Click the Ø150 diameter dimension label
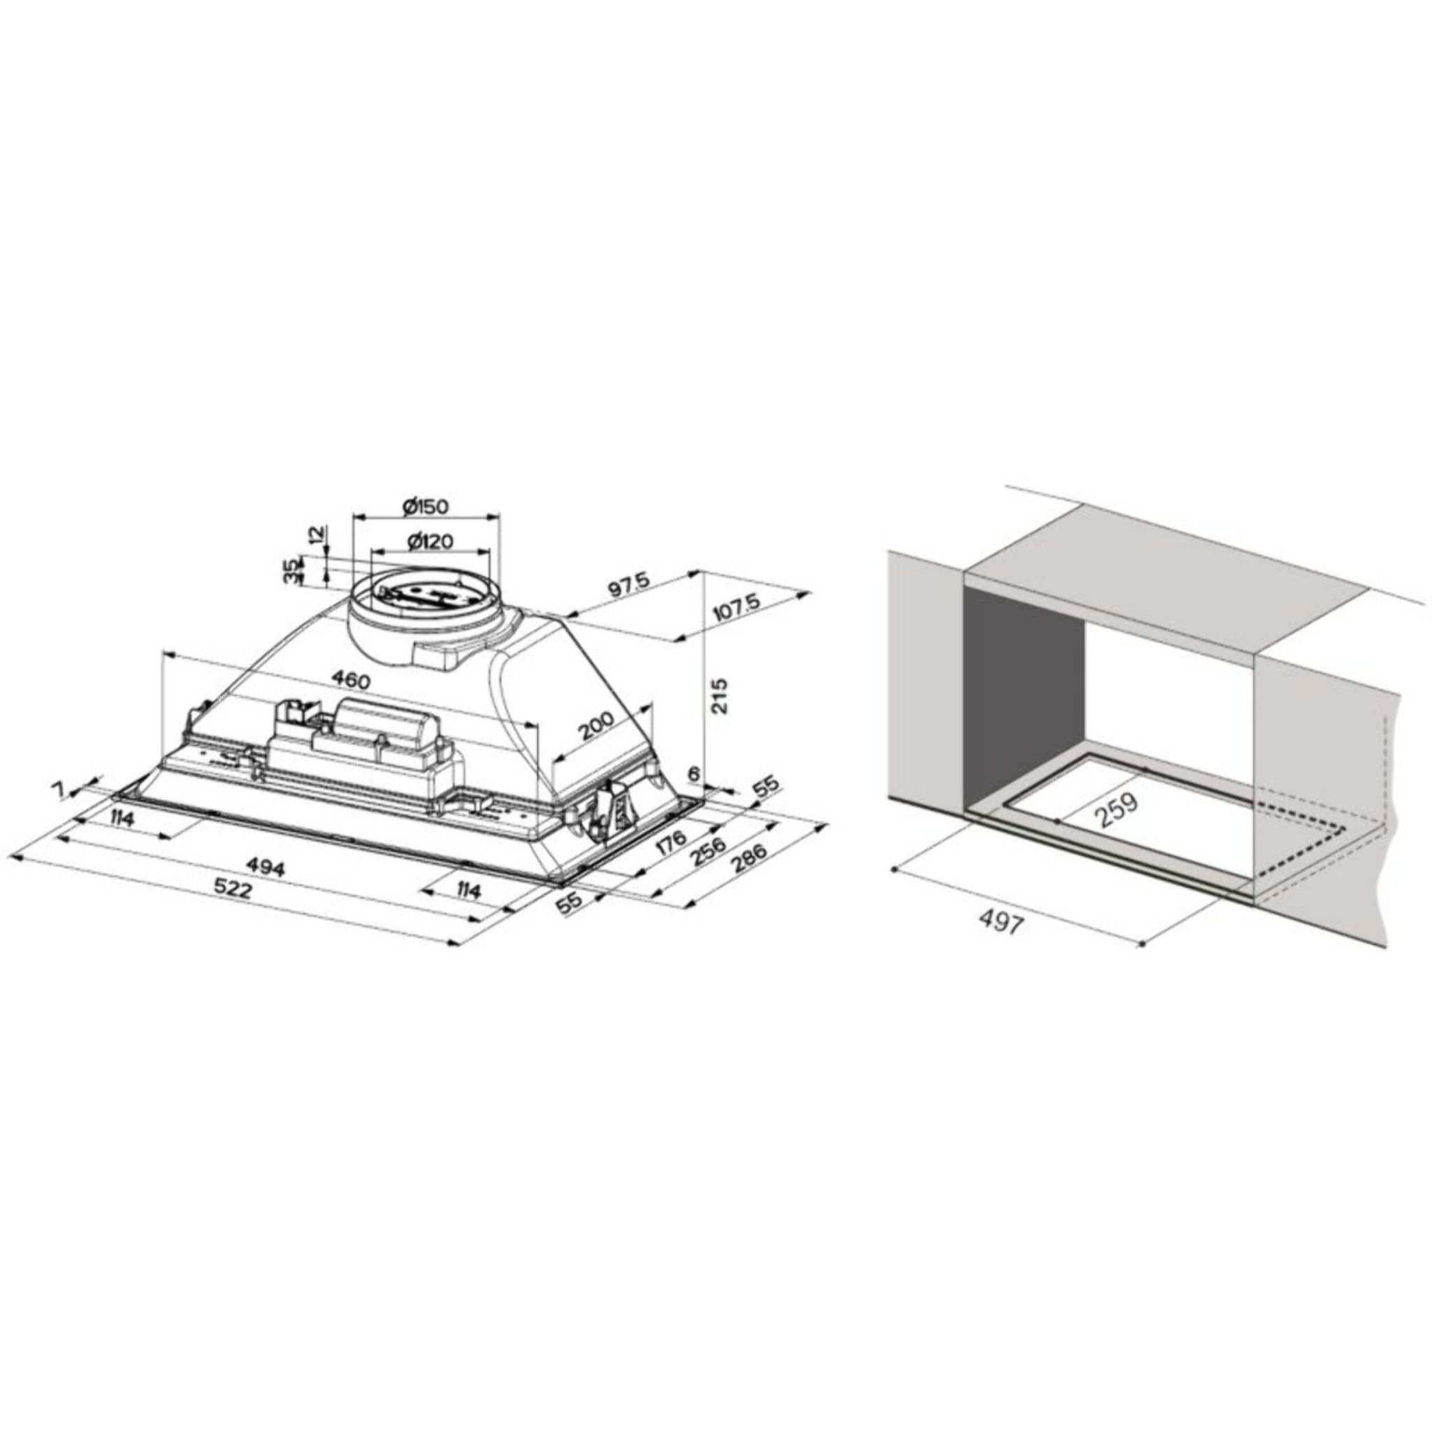pos(427,507)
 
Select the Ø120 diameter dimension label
pos(430,541)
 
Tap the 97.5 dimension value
pos(628,585)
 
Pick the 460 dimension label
pos(350,678)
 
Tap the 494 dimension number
pos(264,867)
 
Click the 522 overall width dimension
pos(233,889)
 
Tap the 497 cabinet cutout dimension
pos(1001,923)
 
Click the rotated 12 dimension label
pos(316,534)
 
